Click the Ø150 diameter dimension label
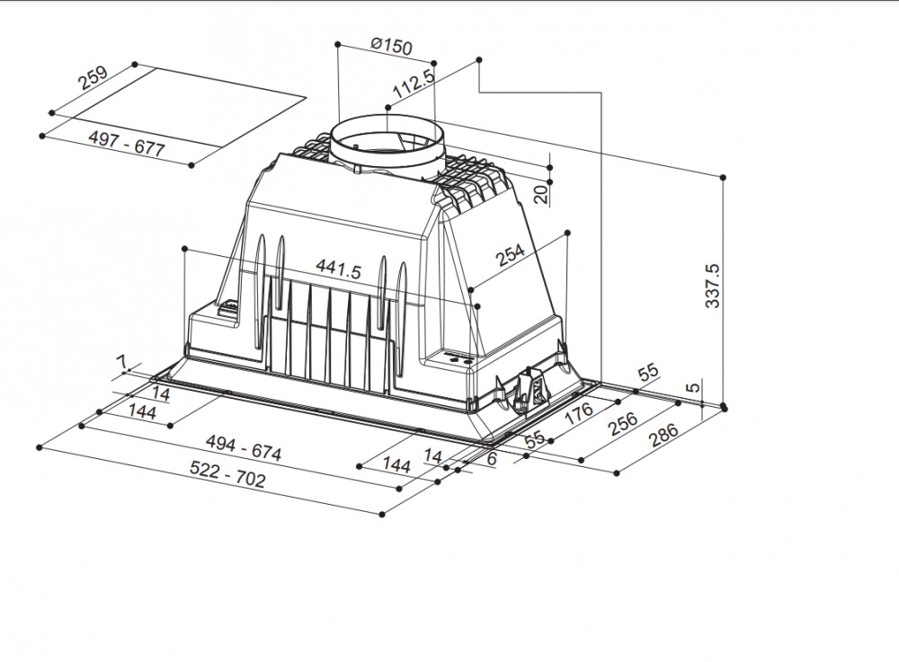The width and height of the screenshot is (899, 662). (x=391, y=46)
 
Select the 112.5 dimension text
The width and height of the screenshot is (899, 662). (x=414, y=84)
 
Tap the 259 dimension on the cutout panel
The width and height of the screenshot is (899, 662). (x=93, y=78)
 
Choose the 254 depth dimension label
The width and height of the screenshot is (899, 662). (x=511, y=255)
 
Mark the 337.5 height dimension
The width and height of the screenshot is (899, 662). (x=711, y=285)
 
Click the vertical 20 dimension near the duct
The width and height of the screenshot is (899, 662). (x=541, y=195)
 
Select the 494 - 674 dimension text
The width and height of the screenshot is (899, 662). (x=244, y=448)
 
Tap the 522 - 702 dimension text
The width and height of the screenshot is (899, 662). (x=227, y=475)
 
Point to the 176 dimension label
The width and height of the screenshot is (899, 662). (x=578, y=413)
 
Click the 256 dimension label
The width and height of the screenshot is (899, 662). (x=623, y=423)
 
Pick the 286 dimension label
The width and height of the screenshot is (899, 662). (x=663, y=436)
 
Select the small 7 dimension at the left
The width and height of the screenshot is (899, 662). (x=121, y=362)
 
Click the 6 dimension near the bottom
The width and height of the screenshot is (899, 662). (x=491, y=458)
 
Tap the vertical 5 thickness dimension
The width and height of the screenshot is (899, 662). (x=694, y=386)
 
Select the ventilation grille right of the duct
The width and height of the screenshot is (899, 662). (x=469, y=180)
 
